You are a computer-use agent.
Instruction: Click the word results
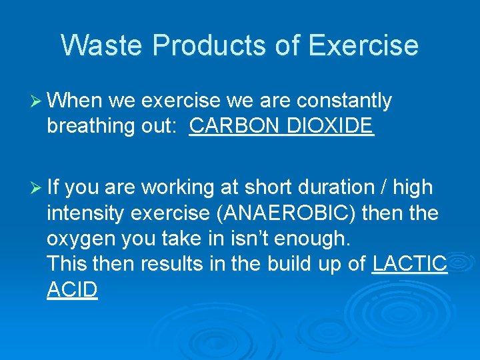coord(167,265)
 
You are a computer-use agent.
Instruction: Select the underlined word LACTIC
coord(409,265)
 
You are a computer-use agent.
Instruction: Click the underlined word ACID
coord(73,290)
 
